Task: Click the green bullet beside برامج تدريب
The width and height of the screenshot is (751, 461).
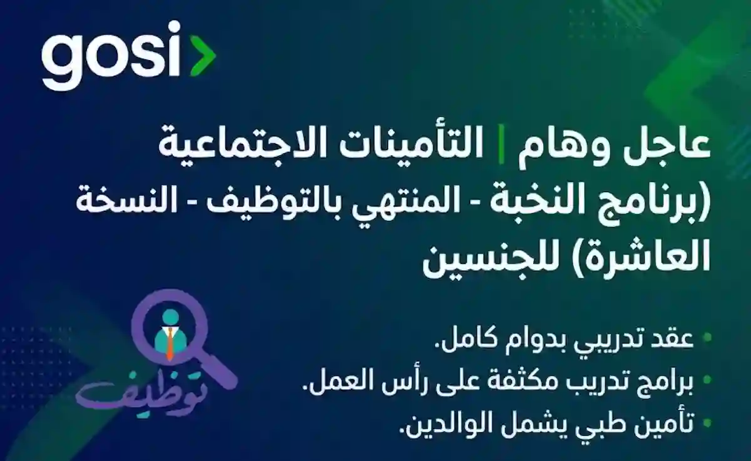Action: pyautogui.click(x=707, y=380)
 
